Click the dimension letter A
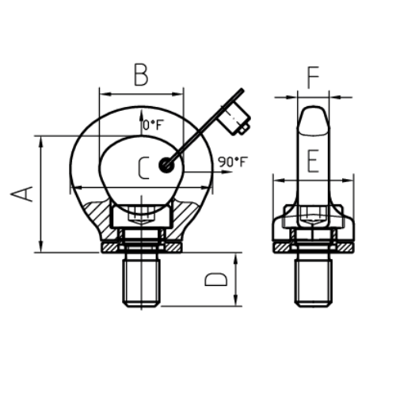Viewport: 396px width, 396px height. click(x=21, y=194)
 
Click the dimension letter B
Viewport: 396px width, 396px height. click(x=141, y=74)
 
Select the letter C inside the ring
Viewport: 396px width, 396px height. click(x=143, y=168)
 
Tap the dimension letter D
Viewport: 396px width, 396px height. click(x=216, y=280)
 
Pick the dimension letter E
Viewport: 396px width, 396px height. click(x=313, y=162)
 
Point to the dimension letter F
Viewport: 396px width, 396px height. click(x=314, y=78)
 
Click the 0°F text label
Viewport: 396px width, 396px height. click(x=151, y=125)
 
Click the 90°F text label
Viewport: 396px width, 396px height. click(x=231, y=162)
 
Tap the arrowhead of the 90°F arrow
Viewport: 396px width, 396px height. click(x=227, y=173)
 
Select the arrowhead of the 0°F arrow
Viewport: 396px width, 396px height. click(x=141, y=116)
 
